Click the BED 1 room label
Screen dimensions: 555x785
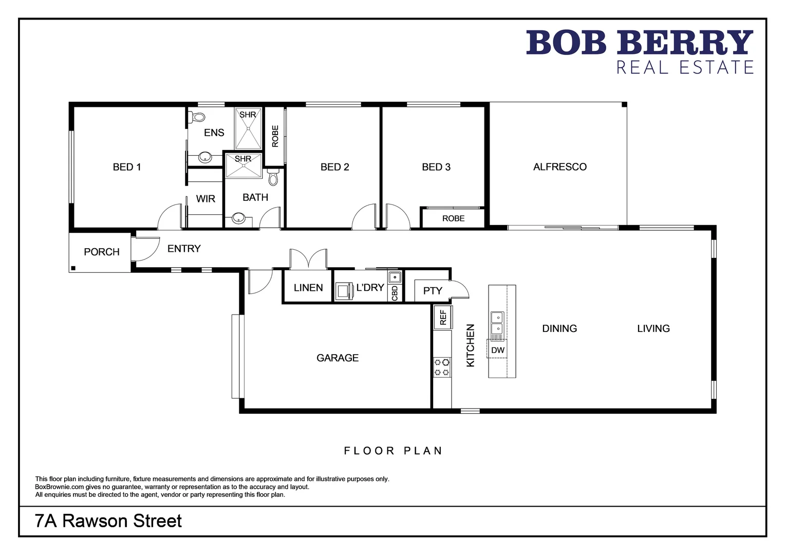point(126,167)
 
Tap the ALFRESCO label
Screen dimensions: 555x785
point(559,167)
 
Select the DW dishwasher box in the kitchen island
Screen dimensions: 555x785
point(497,350)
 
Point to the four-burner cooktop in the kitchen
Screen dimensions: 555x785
point(442,367)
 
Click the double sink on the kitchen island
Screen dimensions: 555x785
point(497,323)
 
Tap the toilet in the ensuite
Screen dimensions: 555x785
point(197,117)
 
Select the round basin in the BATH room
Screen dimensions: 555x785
point(238,218)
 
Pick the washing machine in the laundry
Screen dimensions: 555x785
point(343,290)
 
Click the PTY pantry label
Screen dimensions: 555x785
point(433,291)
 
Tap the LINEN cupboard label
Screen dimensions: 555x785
point(308,288)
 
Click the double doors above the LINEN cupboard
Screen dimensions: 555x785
point(308,260)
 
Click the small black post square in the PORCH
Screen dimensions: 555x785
point(73,268)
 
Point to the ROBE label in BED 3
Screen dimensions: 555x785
point(453,218)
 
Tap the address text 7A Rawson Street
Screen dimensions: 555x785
point(108,521)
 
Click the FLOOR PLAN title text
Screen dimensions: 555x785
point(393,451)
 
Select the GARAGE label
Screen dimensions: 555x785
point(338,358)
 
